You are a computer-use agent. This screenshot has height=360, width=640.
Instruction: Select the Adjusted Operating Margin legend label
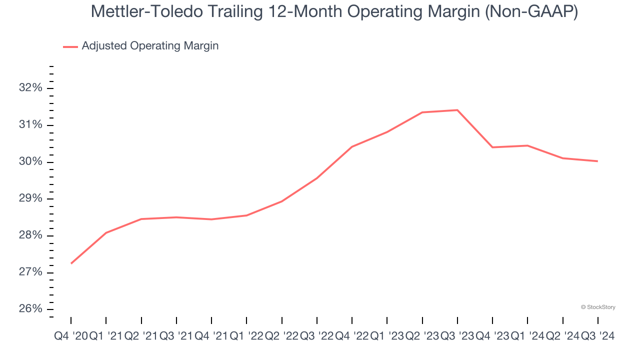click(150, 46)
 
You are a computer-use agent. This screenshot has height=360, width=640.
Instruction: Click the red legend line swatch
click(70, 46)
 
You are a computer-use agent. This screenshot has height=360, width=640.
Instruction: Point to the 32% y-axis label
click(30, 88)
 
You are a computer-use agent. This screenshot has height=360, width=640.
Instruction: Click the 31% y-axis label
click(30, 125)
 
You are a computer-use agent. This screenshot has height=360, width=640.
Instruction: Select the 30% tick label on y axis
click(30, 162)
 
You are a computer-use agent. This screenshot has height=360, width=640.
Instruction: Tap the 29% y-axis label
click(30, 198)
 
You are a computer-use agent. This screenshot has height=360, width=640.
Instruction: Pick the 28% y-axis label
click(30, 235)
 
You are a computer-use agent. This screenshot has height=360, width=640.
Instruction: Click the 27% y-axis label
click(30, 272)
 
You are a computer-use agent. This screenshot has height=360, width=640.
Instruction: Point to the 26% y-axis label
click(30, 309)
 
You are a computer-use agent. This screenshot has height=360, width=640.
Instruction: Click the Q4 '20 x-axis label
click(70, 336)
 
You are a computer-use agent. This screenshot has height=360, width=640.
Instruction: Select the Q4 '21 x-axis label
click(211, 336)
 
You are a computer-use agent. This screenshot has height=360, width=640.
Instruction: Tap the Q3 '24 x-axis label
click(597, 336)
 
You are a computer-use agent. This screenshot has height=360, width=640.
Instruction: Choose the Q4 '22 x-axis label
click(351, 336)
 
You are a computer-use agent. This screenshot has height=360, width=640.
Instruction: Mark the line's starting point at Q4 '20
click(71, 263)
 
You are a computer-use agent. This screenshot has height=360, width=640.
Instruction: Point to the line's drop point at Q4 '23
click(492, 147)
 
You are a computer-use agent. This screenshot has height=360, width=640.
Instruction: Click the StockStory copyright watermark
click(598, 307)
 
